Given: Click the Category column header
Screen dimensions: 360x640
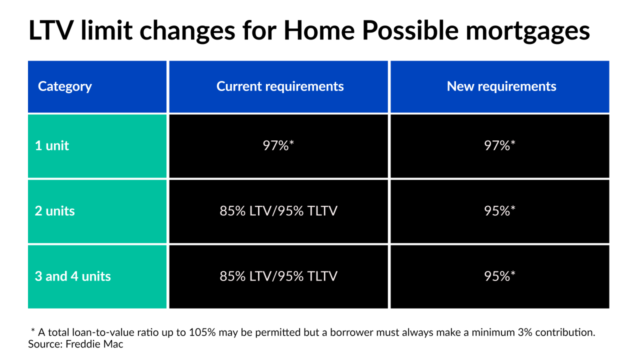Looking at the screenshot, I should tap(65, 86).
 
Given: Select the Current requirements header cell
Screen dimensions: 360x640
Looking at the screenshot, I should tap(279, 86).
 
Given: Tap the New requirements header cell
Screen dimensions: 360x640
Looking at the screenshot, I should tap(501, 86).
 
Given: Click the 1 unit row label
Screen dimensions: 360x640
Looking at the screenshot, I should tap(51, 146).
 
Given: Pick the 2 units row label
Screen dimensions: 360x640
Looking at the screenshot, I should tap(54, 211).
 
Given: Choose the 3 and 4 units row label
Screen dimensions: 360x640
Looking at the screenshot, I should tap(72, 276).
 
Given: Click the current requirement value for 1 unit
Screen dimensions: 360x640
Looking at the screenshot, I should tap(278, 146).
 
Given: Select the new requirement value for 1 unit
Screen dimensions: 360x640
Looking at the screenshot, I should tap(500, 146).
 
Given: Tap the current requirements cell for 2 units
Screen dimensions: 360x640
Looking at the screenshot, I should tap(278, 211).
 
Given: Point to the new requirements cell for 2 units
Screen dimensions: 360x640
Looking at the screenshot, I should tap(500, 211).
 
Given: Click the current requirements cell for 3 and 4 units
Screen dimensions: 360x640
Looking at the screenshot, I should tap(278, 276).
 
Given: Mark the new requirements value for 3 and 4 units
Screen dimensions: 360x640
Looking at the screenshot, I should tap(500, 276).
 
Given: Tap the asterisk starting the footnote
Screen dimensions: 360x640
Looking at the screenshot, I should tap(33, 331).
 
